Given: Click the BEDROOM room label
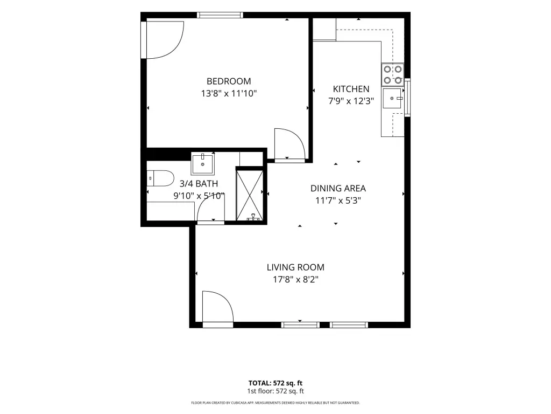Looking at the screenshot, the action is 229,81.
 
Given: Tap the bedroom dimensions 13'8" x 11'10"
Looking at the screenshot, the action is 229,94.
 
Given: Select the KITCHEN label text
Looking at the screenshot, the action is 351,89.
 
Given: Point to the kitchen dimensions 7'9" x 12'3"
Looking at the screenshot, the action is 351,101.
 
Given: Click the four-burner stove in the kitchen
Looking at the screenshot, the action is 392,74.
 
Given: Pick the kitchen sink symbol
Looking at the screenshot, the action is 392,98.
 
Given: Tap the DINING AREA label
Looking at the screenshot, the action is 338,188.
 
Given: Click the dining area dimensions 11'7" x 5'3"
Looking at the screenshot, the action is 338,201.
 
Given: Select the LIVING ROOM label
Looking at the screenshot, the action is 295,267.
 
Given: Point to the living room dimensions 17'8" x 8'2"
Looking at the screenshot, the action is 295,280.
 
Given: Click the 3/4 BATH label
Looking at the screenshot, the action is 199,184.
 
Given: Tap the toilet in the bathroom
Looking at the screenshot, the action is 160,178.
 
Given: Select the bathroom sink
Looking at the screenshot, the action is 203,164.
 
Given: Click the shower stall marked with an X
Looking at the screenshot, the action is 250,195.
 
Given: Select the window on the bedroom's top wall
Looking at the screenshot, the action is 220,15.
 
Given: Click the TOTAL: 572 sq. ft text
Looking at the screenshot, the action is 275,383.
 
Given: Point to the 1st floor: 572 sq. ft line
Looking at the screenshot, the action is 275,391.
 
